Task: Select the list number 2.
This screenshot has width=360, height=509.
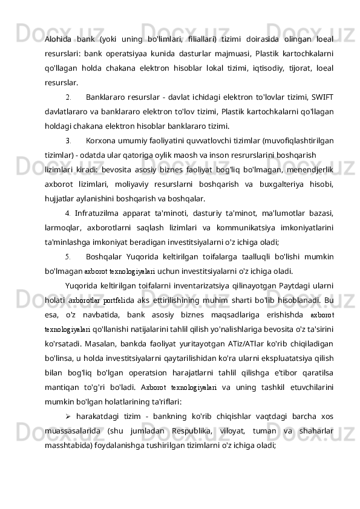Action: pyautogui.click(x=67, y=97)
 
